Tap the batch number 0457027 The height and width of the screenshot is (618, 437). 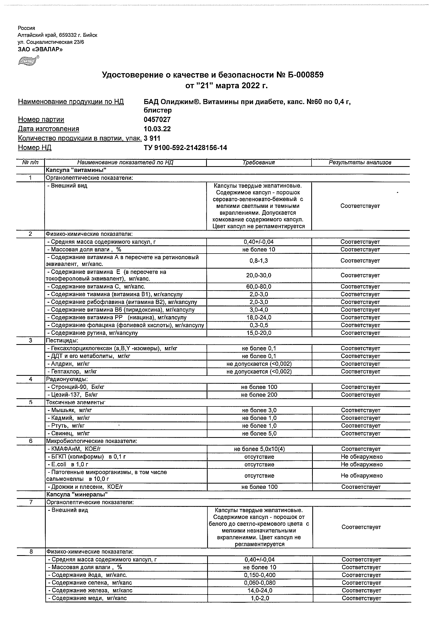click(157, 120)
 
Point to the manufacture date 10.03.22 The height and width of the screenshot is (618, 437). click(157, 129)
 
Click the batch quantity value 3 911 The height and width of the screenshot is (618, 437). click(152, 138)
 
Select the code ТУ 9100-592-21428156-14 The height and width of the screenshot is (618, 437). click(185, 148)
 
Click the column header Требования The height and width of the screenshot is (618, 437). click(258, 163)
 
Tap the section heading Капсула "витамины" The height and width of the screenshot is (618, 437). click(76, 170)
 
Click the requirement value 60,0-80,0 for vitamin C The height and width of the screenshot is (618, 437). click(259, 287)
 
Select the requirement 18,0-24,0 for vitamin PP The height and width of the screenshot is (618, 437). click(259, 318)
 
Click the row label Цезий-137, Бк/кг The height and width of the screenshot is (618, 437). click(74, 395)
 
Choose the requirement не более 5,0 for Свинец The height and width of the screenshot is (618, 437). click(259, 434)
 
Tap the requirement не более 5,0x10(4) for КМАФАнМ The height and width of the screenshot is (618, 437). click(259, 449)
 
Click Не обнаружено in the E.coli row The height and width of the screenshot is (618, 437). click(361, 465)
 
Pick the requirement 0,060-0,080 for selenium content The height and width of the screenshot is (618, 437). click(259, 583)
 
